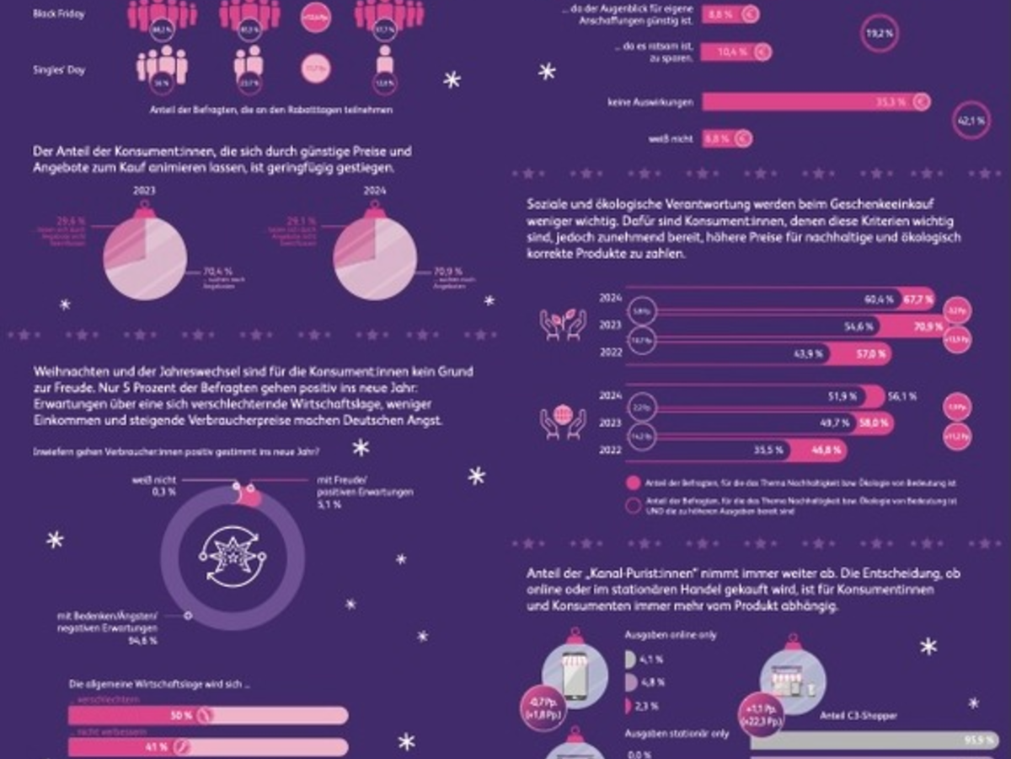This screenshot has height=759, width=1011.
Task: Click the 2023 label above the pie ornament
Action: click(x=145, y=191)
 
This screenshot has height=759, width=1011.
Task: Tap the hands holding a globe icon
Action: click(x=564, y=423)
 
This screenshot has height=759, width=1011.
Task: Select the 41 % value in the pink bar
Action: click(x=159, y=747)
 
